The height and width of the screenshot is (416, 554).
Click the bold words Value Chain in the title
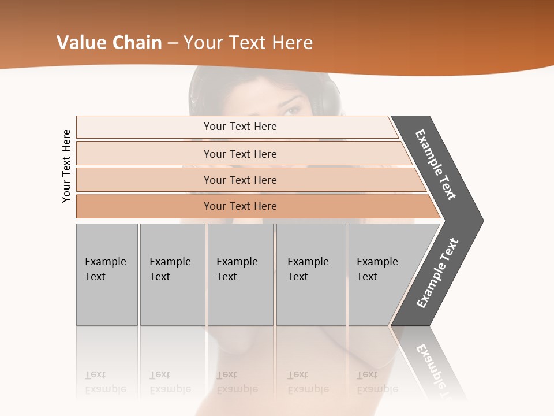(x=109, y=43)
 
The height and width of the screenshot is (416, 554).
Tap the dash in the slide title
(x=173, y=43)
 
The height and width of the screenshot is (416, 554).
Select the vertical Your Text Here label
(x=67, y=166)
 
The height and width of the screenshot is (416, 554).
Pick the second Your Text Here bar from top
(x=240, y=154)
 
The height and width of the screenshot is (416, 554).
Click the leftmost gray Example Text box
(x=107, y=274)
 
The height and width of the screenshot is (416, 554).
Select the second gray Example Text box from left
(x=172, y=274)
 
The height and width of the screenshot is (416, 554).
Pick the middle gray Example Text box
(x=240, y=274)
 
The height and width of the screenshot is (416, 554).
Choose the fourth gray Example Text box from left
(x=310, y=274)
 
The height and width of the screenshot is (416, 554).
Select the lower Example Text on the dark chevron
(x=437, y=273)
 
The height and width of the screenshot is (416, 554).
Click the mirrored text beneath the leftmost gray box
(x=106, y=382)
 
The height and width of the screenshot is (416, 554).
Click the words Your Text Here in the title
(x=248, y=43)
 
